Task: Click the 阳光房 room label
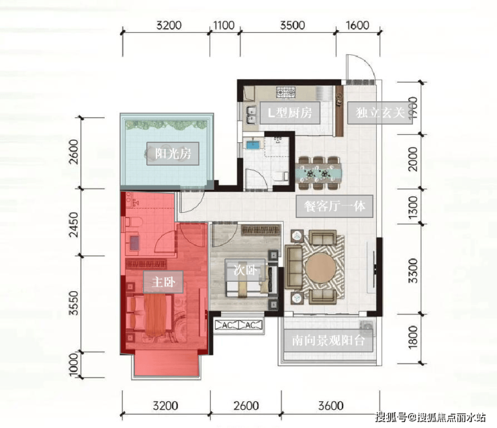coord(173,154)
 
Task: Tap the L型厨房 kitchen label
coord(289,113)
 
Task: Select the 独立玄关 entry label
coord(379,113)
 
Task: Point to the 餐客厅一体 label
coord(334,206)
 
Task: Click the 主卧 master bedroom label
coord(163,282)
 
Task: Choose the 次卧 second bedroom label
coord(244,270)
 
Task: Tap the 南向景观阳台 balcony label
coord(328,340)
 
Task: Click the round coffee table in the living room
coord(321,268)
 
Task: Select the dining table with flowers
coord(319,174)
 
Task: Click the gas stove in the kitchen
coord(286,93)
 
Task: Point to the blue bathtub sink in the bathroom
coord(253,145)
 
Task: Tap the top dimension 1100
coord(224,25)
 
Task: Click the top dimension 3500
coord(292,25)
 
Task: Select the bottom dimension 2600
coord(246,405)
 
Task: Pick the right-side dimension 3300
coord(413,270)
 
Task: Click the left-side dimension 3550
coord(73,303)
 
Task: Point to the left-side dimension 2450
coord(73,225)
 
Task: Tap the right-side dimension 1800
coord(413,337)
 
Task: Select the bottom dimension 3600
coord(330,405)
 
